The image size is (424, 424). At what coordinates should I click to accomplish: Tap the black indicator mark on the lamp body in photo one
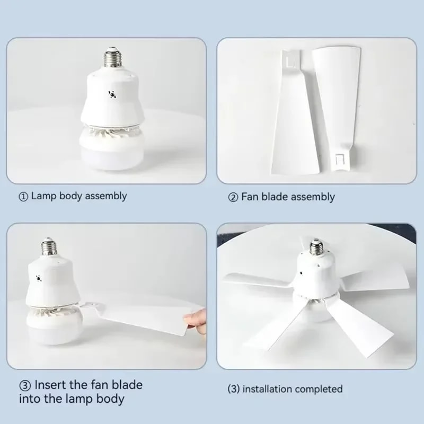[x=112, y=95]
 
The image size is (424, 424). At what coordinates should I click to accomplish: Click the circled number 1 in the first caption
[x=23, y=196]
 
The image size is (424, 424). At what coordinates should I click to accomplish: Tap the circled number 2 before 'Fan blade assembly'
[x=233, y=197]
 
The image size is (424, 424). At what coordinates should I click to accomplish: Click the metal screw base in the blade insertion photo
[x=49, y=248]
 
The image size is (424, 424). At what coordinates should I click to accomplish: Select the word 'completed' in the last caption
[x=319, y=389]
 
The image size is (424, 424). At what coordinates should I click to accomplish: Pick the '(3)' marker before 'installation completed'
[x=233, y=389]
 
